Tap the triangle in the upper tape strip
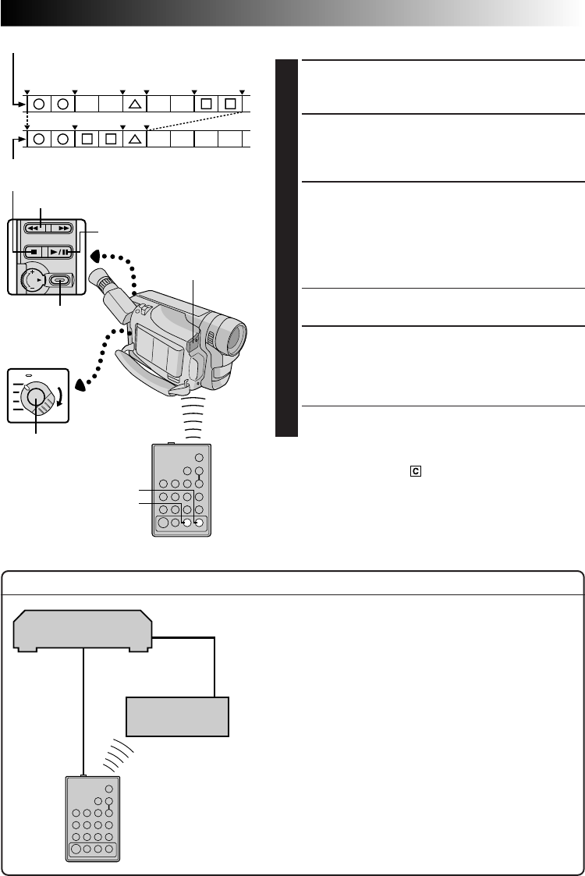(134, 103)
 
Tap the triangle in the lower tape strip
(134, 139)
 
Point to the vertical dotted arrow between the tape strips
(27, 121)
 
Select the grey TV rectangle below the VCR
(178, 717)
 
